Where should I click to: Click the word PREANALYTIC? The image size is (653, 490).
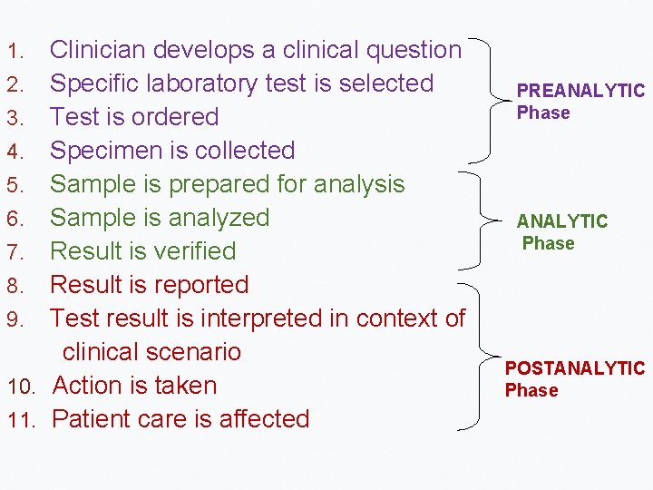click(x=580, y=91)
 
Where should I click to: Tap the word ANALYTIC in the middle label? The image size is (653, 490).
click(x=562, y=221)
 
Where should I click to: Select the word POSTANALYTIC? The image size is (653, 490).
click(x=575, y=368)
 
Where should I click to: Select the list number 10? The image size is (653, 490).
click(x=20, y=387)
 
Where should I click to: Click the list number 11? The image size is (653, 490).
click(x=20, y=420)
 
